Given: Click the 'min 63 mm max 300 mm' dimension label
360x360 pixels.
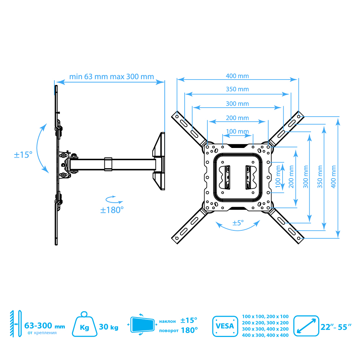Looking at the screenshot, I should pos(112,77).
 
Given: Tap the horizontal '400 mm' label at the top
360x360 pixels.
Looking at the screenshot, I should pos(237,76).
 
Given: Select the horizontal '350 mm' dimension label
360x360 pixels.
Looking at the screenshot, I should pos(237,89).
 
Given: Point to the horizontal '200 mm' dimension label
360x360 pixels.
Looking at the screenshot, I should pos(237,118).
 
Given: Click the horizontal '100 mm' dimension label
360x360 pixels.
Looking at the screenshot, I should pos(237,131).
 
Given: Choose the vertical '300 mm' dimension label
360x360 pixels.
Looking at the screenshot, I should pos(305,176).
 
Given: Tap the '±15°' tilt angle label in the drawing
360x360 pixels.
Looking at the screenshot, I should pos(23,155).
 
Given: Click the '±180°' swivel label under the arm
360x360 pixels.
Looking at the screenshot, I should pos(112,210).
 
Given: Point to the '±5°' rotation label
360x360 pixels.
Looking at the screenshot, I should pos(238,223).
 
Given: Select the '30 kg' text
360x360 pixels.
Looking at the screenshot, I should pos(108,327).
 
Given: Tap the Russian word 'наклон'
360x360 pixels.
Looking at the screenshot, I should pos(167,321).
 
